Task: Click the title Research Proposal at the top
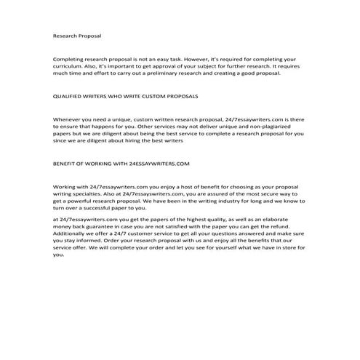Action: tap(77, 34)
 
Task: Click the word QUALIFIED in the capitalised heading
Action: tap(69, 95)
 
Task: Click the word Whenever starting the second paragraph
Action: tap(68, 119)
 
